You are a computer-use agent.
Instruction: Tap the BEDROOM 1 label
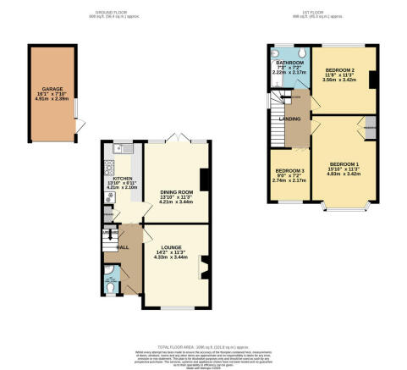[344, 163]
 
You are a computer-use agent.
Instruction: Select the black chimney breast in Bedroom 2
[373, 81]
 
